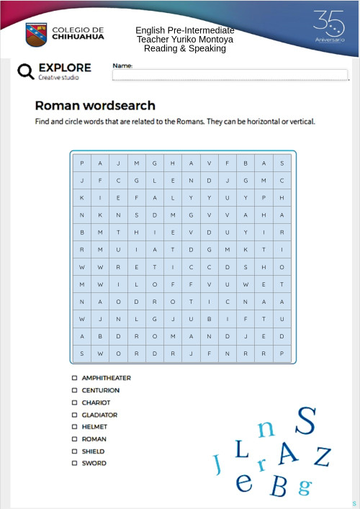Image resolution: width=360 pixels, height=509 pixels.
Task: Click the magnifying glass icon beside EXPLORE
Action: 26,71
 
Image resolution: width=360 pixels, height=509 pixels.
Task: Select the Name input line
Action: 230,75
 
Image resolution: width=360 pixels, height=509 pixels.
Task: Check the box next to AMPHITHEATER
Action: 74,378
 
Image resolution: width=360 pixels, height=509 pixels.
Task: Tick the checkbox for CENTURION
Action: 74,390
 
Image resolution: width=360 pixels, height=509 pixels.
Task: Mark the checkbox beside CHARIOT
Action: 74,402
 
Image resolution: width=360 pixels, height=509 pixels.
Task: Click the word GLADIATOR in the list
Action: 99,415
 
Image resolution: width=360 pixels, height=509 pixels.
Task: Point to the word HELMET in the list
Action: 94,427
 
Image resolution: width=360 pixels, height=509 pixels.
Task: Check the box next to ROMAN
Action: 74,439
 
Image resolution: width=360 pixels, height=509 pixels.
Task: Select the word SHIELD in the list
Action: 94,451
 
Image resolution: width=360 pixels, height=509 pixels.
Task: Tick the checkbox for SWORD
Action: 74,464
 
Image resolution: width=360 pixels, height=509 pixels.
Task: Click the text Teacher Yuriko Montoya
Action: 185,40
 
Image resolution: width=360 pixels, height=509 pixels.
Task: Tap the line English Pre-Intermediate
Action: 185,30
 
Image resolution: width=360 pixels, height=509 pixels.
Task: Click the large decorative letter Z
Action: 323,456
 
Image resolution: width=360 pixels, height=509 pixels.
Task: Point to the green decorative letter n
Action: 266,428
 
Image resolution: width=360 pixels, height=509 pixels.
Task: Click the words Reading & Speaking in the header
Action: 185,49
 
